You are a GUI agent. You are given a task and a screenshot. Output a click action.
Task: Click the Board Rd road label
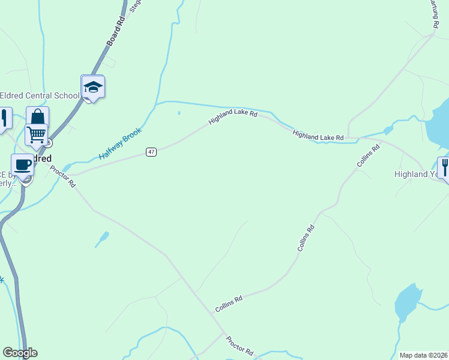(x=115, y=31)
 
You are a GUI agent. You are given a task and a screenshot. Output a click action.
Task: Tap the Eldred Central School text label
(x=40, y=95)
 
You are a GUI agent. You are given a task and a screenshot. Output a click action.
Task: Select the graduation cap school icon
(x=92, y=88)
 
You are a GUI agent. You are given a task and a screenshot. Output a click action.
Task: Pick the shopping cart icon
(x=36, y=135)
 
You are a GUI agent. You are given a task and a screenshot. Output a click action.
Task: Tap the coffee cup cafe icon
(x=23, y=164)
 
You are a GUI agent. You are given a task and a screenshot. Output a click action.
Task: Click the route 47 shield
(x=151, y=152)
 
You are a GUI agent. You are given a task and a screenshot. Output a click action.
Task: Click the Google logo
(x=20, y=353)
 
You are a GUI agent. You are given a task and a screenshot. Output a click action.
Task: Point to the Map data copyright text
(x=424, y=355)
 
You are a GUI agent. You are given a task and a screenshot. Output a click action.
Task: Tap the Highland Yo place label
(x=415, y=174)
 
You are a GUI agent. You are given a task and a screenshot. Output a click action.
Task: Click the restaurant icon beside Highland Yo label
(x=445, y=167)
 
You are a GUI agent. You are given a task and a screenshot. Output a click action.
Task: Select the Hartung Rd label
(x=433, y=13)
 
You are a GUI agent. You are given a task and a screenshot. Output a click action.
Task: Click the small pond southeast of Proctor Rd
(x=103, y=238)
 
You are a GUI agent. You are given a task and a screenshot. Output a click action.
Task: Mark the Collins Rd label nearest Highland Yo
(x=369, y=155)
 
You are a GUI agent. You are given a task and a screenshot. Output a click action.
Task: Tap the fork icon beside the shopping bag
(x=5, y=118)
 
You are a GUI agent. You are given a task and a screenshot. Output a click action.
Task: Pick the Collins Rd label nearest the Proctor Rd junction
(x=229, y=304)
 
